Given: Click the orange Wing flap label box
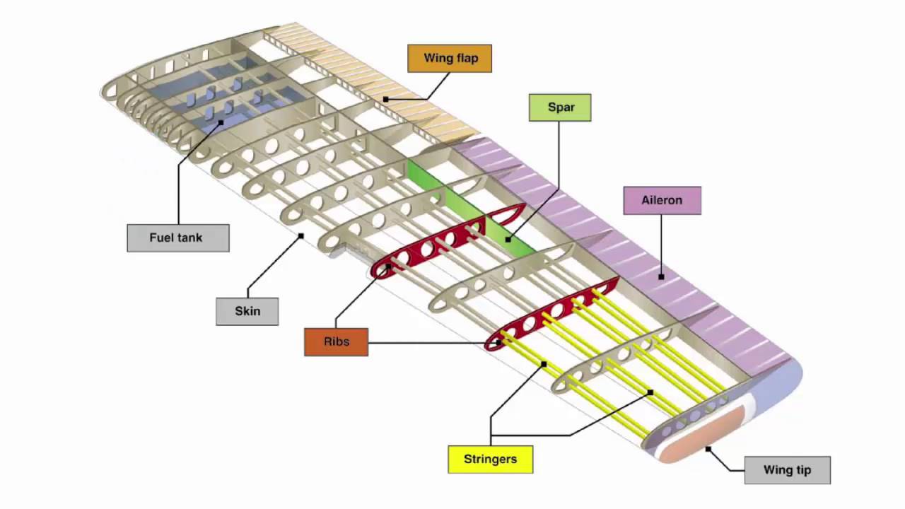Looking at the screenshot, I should coord(449,58).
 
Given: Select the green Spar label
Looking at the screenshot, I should coord(560,107).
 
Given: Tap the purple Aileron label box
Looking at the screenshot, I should coord(662,200).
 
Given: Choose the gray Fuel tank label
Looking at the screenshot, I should coord(177,238).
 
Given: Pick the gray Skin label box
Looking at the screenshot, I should coord(247,311).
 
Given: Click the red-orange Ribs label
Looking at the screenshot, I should coord(336,342).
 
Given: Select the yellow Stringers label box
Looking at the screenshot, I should coord(490,459).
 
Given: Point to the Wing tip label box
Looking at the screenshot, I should coord(787,470).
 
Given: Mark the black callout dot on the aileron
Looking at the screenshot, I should coord(661,277).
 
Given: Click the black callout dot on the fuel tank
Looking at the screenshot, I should coord(221,122).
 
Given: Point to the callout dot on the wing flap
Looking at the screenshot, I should coord(385,100).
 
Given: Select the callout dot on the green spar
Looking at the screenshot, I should coord(508,240).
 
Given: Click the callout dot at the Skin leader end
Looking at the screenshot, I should coord(300,236).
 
